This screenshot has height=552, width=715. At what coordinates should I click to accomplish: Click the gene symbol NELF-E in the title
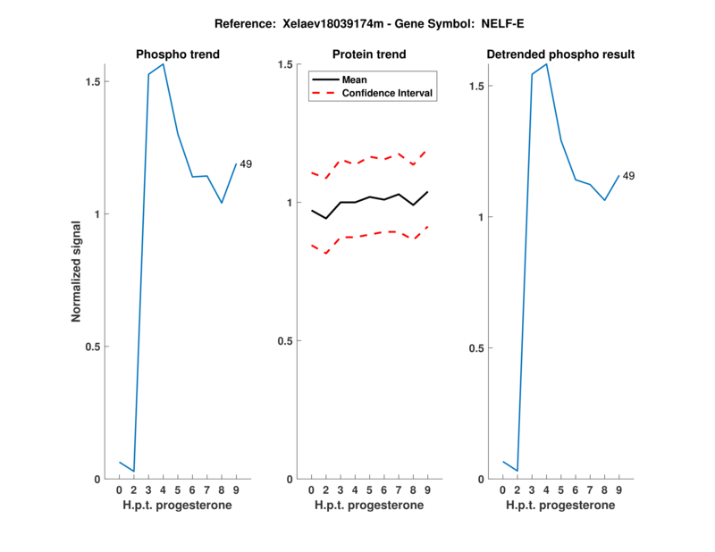click(500, 21)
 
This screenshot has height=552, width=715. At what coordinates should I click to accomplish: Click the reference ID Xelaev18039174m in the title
click(326, 21)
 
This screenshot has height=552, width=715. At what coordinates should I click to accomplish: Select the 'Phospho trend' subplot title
click(178, 54)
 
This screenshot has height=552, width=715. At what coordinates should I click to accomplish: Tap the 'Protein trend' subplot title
click(369, 54)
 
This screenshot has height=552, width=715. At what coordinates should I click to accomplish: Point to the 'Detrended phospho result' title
click(560, 54)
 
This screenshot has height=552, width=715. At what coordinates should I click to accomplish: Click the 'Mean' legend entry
click(354, 79)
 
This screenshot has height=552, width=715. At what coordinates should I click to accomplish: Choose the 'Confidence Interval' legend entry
click(388, 93)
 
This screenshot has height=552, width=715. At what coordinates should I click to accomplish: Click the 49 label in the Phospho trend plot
click(246, 163)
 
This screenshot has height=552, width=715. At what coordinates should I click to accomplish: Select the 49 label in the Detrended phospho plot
click(628, 176)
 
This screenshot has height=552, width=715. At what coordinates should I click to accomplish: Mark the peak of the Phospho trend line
click(163, 64)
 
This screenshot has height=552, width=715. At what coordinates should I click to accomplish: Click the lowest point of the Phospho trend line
click(133, 471)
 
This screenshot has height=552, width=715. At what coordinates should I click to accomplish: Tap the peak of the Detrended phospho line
click(546, 64)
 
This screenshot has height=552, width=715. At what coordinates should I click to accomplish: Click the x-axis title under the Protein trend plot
click(369, 505)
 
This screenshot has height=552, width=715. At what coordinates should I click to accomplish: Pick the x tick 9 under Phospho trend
click(236, 489)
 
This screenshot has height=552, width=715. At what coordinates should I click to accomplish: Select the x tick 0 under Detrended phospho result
click(502, 489)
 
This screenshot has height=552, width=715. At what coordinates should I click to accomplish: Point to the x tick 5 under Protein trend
click(369, 489)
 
